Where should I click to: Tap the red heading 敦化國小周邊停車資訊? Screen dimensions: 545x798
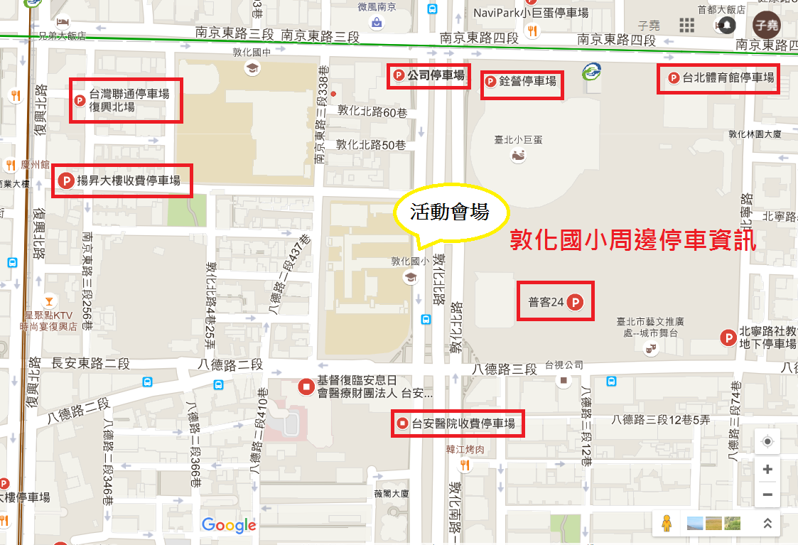click(633, 240)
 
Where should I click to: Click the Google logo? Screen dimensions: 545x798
click(229, 526)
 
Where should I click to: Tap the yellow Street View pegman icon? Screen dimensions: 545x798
click(666, 524)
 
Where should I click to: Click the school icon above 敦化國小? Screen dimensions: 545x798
click(410, 277)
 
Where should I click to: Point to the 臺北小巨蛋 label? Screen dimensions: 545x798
click(518, 140)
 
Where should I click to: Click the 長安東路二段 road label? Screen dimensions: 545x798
click(91, 363)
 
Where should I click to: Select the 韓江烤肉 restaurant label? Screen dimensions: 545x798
click(465, 449)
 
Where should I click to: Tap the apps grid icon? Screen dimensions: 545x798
click(686, 26)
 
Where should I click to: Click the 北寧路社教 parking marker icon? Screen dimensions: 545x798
click(728, 338)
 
